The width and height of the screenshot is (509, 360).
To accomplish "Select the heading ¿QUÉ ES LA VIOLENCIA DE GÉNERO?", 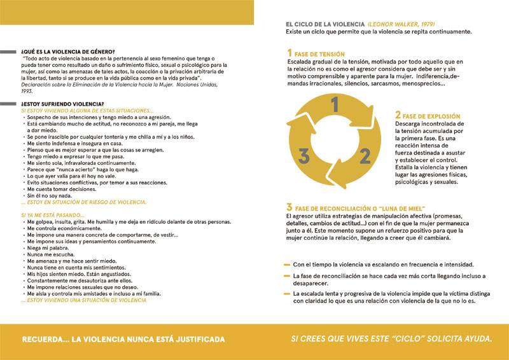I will coord(67,52).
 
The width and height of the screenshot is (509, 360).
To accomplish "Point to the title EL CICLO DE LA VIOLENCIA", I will coord(325,24).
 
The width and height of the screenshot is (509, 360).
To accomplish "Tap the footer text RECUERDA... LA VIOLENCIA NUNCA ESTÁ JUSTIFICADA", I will coord(123,339).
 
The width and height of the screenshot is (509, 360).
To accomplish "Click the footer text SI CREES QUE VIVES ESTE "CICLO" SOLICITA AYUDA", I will coord(391,339).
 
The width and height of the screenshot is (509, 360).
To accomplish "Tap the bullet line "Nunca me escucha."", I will coord(48,254).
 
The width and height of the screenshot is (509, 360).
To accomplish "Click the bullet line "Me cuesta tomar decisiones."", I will coord(58,190).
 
